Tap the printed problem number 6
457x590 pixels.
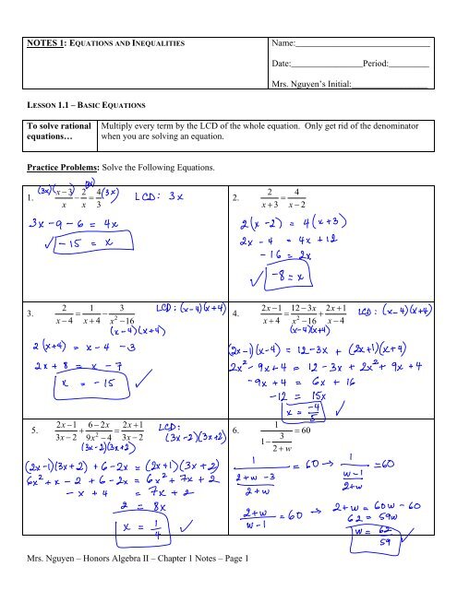pyautogui.click(x=237, y=429)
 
